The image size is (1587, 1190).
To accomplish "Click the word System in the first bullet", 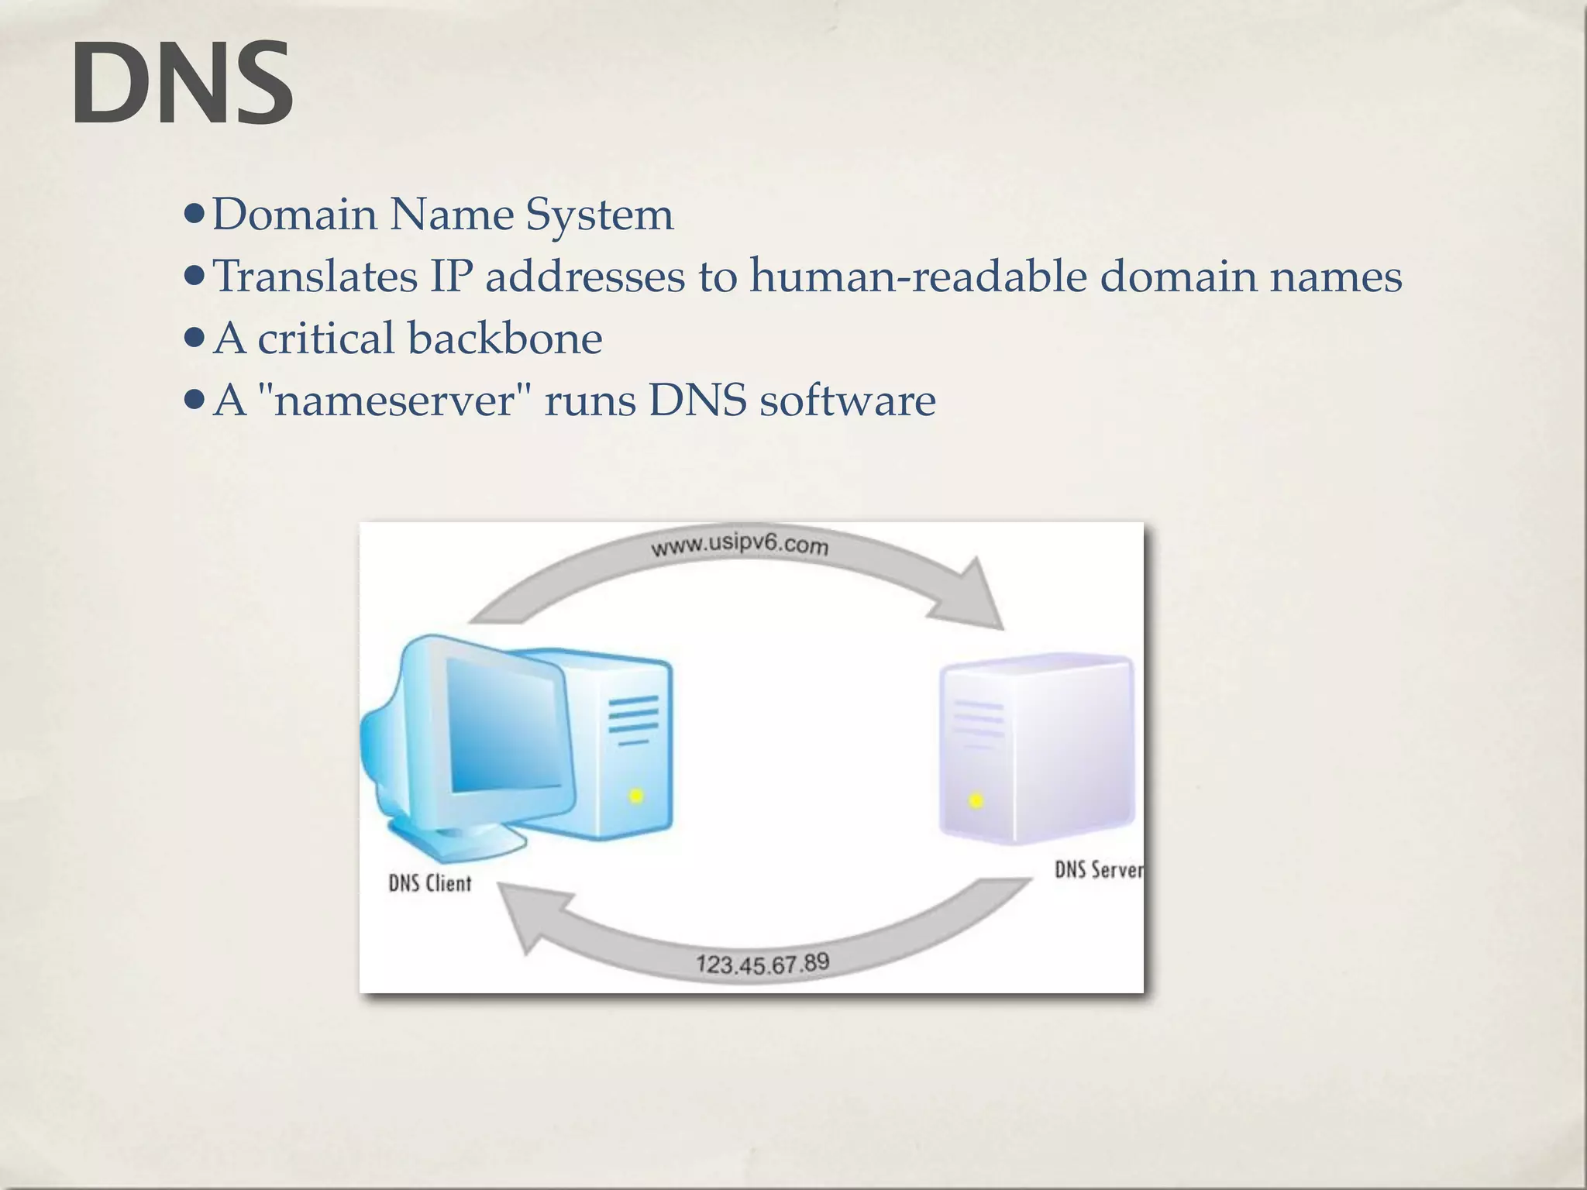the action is click(x=599, y=215).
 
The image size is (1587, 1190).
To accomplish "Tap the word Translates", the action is click(x=315, y=277).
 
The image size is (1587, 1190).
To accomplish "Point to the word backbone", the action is click(x=504, y=339).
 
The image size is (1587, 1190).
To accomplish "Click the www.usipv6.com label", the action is click(x=739, y=546).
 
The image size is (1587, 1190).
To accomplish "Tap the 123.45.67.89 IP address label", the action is click(x=763, y=965).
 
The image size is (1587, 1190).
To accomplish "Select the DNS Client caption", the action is click(x=429, y=883).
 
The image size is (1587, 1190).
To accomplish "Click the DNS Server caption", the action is click(x=1098, y=870).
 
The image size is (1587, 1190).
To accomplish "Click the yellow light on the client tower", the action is click(x=635, y=796).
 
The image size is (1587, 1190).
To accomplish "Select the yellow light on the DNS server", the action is click(x=976, y=800).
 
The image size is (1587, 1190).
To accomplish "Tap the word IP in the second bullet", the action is click(x=451, y=277).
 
